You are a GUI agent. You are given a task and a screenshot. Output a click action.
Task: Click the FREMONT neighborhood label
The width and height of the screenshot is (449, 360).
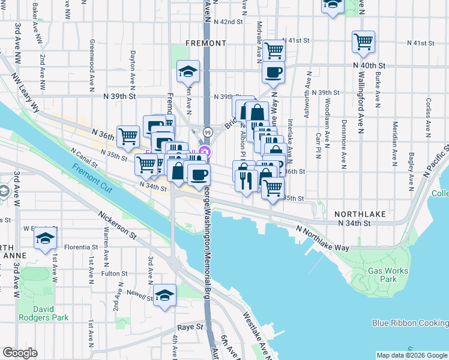click(x=206, y=43)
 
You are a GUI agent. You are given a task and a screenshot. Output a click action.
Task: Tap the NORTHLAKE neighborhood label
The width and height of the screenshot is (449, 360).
click(x=359, y=214)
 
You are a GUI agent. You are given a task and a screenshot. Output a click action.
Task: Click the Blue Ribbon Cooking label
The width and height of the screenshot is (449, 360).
click(x=410, y=323)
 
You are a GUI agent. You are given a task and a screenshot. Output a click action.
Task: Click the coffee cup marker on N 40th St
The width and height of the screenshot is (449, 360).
click(x=273, y=73)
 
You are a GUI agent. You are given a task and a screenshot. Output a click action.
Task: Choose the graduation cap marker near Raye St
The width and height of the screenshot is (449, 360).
click(x=164, y=295)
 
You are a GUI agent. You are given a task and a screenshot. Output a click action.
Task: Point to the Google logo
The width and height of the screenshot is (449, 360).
click(x=20, y=353)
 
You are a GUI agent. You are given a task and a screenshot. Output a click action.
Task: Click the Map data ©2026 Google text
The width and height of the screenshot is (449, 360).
click(x=411, y=355)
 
